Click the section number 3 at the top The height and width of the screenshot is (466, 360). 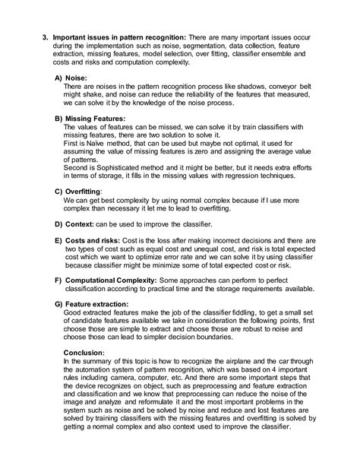tap(46, 37)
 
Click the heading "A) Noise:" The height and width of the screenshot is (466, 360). tap(74, 78)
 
